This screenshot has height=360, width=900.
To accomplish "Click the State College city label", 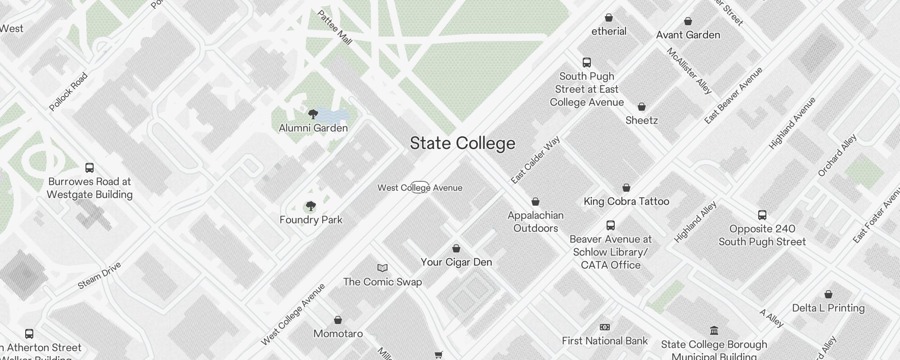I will [x=462, y=143].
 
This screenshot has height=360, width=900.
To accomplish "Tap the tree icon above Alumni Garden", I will [x=313, y=114].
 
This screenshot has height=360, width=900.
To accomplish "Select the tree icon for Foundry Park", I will [x=310, y=207].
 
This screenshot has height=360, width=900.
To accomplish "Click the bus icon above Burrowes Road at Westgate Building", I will [x=90, y=168].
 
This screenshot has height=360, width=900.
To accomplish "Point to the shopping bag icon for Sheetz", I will [x=642, y=107].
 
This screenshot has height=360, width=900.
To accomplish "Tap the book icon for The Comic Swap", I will [x=382, y=268].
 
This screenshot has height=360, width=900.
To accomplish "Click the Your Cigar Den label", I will [x=456, y=262].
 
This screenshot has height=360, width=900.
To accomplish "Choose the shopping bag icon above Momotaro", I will [x=338, y=320].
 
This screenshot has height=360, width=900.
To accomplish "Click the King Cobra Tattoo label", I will [x=626, y=201].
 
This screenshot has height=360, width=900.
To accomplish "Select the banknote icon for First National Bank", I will [x=605, y=327].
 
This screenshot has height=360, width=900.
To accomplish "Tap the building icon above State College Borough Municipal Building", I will [x=714, y=331].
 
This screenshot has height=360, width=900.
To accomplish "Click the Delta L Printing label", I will [x=828, y=308].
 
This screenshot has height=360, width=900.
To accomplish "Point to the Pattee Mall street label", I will [x=334, y=27].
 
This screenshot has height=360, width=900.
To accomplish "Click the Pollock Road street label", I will [x=68, y=92].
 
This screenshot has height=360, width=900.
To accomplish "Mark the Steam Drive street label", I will [x=99, y=275].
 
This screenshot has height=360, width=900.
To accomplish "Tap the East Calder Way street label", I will [x=535, y=160].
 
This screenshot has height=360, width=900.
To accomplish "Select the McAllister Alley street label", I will [x=689, y=71].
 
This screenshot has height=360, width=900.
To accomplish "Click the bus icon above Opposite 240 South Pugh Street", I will [x=762, y=215].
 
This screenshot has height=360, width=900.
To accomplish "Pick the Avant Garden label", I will [x=688, y=35].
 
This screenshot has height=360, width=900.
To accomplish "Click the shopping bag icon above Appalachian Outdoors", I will [x=535, y=202].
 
